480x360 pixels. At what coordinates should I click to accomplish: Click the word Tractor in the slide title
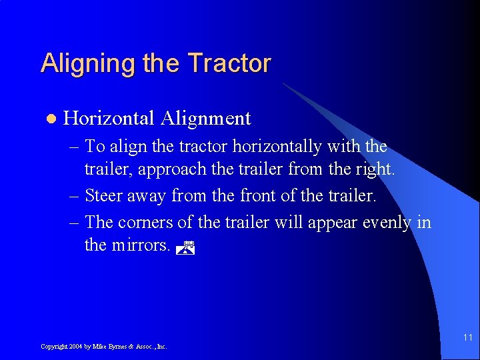point(229,63)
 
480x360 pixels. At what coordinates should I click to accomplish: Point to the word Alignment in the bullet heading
point(205,119)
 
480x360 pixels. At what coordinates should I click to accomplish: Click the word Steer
point(105,195)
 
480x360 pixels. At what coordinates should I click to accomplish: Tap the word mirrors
point(139,245)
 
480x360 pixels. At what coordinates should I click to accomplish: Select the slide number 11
point(467,338)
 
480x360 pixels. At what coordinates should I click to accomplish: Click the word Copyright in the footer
point(53,347)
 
